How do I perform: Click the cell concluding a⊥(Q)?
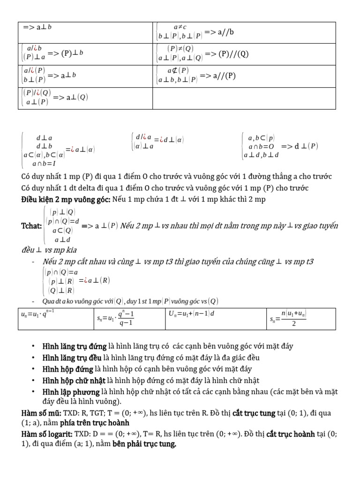[86, 97]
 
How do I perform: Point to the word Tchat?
[31, 226]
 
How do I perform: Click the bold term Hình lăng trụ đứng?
[74, 346]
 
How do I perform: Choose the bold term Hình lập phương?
[71, 391]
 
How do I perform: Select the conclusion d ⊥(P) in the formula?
[306, 146]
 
